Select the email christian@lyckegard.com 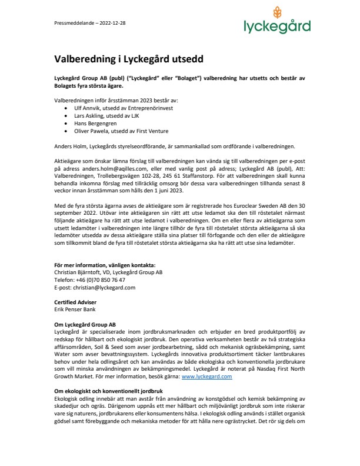100,288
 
